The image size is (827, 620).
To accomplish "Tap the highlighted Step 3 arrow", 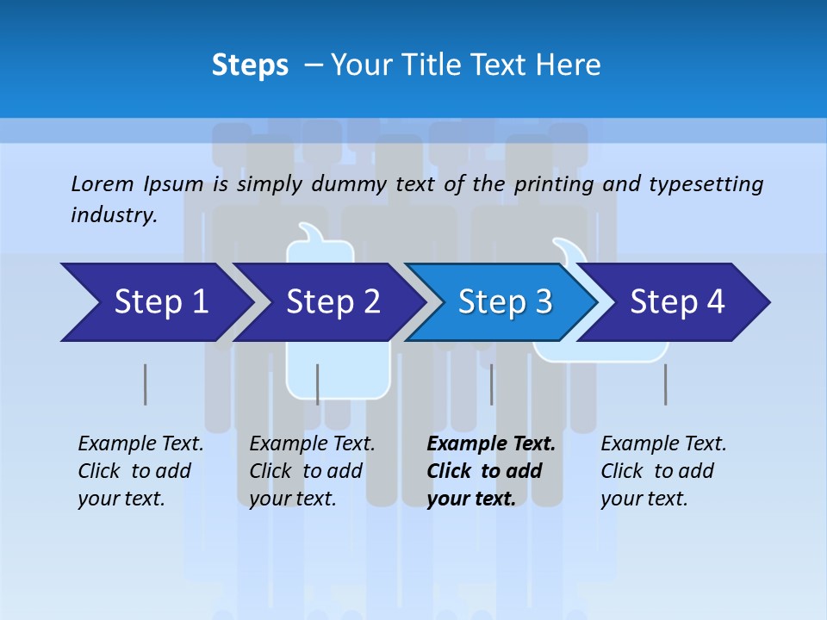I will tap(505, 302).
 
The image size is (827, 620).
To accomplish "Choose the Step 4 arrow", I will tap(677, 302).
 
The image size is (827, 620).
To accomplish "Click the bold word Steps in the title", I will tap(250, 65).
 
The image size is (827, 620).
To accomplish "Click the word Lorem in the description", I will tap(102, 183).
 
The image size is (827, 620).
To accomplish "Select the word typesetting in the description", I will tap(706, 184).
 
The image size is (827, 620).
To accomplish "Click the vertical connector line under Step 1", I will tap(145, 384).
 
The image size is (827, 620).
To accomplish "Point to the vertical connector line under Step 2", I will tap(317, 384).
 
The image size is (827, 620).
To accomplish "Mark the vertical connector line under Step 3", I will tap(491, 384).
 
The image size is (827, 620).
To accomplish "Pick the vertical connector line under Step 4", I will tap(665, 384).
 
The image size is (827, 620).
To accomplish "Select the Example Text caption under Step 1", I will tap(140, 444).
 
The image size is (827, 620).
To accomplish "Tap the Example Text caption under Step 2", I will tap(312, 444).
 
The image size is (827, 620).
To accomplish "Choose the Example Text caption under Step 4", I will tap(663, 444).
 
